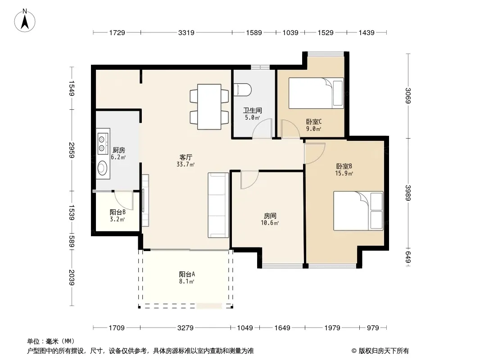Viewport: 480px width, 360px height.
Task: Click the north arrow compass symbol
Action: click(25, 21)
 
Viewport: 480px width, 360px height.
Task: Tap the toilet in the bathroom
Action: click(242, 90)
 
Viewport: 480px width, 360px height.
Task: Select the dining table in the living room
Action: click(209, 107)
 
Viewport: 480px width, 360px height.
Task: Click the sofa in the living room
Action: click(218, 205)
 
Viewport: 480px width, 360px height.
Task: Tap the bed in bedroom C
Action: click(316, 93)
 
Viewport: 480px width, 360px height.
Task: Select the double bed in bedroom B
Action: click(358, 211)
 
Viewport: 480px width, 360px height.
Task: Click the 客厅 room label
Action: click(186, 157)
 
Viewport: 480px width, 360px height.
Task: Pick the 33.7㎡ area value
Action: click(186, 165)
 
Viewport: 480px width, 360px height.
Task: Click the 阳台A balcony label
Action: click(187, 274)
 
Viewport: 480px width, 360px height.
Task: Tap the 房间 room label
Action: click(270, 216)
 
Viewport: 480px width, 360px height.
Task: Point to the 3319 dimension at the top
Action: click(186, 32)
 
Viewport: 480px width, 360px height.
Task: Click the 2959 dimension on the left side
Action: click(72, 150)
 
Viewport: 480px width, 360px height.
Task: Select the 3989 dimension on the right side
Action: click(408, 193)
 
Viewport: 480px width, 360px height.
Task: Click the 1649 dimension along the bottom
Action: click(282, 328)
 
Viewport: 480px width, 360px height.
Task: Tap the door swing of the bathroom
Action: click(263, 128)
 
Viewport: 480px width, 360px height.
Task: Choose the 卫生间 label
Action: click(253, 110)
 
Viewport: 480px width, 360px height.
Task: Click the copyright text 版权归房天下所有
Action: click(384, 351)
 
